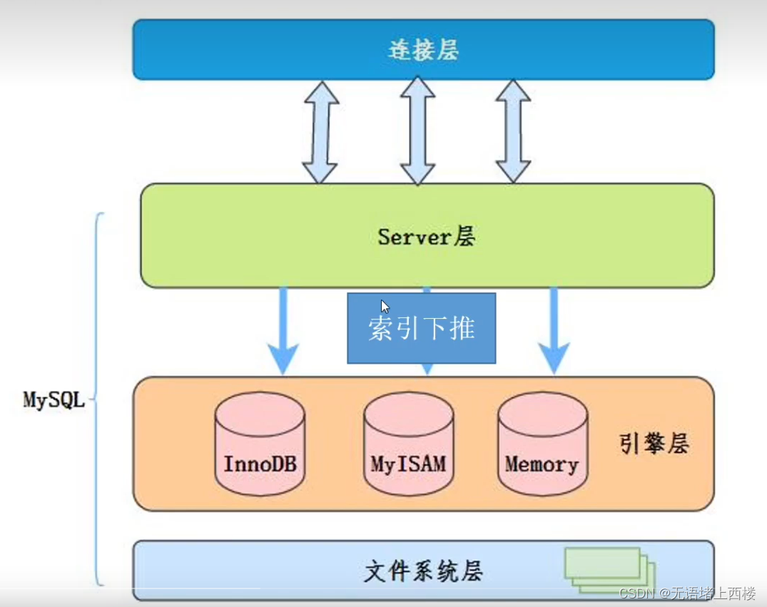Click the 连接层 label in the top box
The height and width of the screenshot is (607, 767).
(423, 50)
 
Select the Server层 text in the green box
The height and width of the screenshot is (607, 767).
(426, 236)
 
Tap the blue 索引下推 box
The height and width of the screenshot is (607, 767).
(421, 329)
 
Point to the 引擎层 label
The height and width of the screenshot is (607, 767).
(653, 444)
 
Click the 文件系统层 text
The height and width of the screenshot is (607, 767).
(423, 571)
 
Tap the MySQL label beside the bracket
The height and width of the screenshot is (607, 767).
(54, 399)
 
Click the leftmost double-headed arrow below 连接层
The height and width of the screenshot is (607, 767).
(320, 132)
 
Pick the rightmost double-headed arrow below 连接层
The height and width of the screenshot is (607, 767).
(514, 132)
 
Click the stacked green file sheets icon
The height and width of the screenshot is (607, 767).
(609, 569)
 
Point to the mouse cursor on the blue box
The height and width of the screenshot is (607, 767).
(385, 307)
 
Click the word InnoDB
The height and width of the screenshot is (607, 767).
(260, 464)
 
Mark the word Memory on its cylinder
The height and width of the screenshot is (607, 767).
(542, 464)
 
